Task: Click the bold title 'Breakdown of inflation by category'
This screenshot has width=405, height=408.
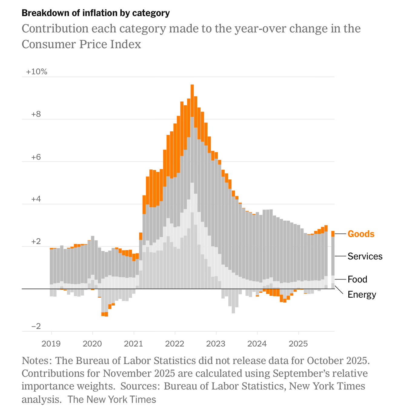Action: click(96, 13)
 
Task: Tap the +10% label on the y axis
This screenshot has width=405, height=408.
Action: click(37, 72)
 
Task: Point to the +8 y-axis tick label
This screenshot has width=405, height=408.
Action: click(36, 114)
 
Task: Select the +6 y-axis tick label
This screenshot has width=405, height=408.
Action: click(36, 157)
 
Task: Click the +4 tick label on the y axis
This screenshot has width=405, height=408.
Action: click(36, 199)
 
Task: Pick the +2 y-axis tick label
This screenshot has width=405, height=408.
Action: click(36, 242)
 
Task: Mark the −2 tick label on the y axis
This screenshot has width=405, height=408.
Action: click(36, 326)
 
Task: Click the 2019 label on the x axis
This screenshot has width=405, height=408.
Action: click(51, 344)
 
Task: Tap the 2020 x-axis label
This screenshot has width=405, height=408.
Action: click(92, 344)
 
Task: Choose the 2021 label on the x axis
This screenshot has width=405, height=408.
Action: click(134, 344)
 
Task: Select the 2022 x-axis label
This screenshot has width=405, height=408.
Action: click(175, 344)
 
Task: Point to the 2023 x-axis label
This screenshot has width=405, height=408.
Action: click(216, 344)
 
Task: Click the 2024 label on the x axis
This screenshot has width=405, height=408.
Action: click(257, 344)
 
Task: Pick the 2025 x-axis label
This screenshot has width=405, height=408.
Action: click(298, 344)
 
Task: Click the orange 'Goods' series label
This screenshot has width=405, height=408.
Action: click(361, 234)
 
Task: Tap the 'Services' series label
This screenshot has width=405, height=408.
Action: click(365, 256)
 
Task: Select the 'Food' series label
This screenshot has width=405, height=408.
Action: click(357, 279)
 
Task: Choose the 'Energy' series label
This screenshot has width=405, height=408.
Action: click(362, 295)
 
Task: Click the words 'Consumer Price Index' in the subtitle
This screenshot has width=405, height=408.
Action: click(81, 44)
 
